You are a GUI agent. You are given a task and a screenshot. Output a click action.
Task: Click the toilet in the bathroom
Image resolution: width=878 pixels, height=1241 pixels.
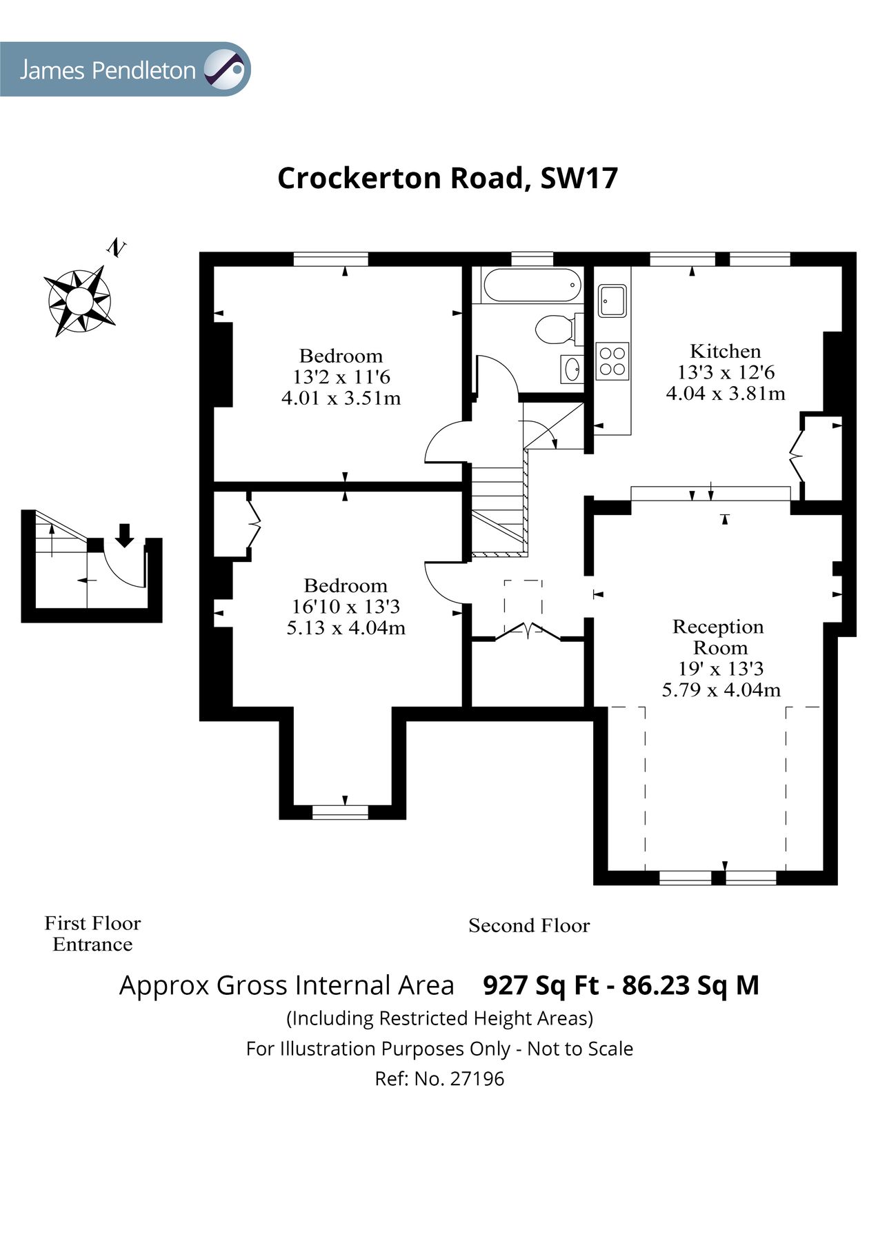pos(556,329)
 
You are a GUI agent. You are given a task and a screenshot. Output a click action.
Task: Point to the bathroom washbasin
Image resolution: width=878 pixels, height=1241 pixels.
pos(572,370)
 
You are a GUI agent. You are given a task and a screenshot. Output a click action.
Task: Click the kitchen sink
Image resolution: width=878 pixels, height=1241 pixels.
pos(612,300)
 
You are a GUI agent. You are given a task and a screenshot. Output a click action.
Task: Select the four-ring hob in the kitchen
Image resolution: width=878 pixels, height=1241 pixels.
pos(612,361)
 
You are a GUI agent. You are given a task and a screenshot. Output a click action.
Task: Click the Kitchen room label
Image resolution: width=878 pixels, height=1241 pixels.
pos(725,351)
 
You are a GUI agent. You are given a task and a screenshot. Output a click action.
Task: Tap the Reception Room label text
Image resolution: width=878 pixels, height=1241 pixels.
pos(719,637)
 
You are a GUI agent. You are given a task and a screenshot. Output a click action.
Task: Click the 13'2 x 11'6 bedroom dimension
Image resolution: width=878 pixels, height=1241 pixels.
pos(341,377)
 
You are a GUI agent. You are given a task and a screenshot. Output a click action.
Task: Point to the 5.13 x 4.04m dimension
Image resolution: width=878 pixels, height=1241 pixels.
pos(346,628)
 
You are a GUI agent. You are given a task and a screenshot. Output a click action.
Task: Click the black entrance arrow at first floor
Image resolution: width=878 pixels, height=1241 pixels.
pos(124,535)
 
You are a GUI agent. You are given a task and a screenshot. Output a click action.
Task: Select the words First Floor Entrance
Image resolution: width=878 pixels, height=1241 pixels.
pos(92,934)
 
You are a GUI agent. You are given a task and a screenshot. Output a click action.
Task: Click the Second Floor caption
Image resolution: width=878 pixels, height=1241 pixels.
pos(529,925)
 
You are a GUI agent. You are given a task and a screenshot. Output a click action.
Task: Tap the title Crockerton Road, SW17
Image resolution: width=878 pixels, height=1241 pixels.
pos(447,178)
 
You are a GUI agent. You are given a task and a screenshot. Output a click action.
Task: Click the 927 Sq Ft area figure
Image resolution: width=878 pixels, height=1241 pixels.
pos(541,985)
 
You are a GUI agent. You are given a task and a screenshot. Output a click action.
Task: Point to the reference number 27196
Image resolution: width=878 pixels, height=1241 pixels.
pos(477,1078)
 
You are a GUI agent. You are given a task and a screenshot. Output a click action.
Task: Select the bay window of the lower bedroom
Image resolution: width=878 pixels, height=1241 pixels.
pos(340,812)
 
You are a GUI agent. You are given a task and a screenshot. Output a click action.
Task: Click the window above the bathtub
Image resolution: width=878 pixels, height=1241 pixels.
pos(532,259)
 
